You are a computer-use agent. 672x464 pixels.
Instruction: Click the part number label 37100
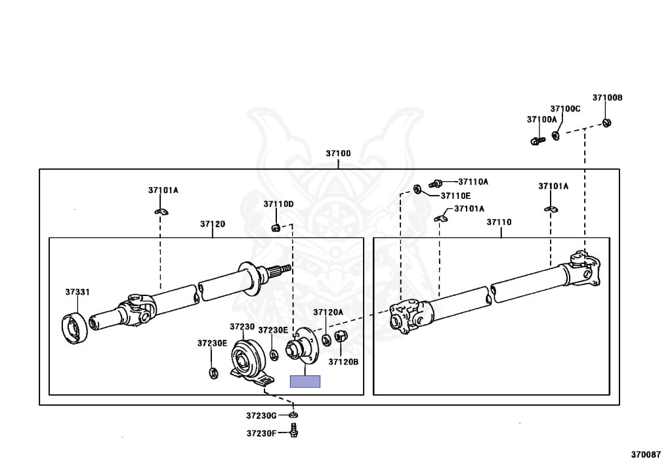338,154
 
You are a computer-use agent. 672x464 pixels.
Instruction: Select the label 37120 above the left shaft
213,224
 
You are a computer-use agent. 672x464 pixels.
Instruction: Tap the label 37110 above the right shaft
499,222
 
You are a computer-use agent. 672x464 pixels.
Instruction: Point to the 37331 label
77,292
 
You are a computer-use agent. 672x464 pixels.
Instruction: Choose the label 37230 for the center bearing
241,326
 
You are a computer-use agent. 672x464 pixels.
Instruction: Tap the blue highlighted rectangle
305,381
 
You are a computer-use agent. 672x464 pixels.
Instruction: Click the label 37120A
328,312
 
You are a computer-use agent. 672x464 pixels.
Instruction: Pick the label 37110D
278,204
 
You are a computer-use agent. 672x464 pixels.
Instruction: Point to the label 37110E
455,196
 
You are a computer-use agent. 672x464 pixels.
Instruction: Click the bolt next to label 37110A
436,183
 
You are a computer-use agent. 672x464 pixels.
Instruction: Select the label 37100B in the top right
607,98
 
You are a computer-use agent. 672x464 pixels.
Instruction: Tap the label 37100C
565,108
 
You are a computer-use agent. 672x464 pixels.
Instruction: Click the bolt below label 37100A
535,140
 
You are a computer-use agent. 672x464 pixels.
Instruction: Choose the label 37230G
262,415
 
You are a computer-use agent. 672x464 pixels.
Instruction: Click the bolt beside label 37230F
294,432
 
